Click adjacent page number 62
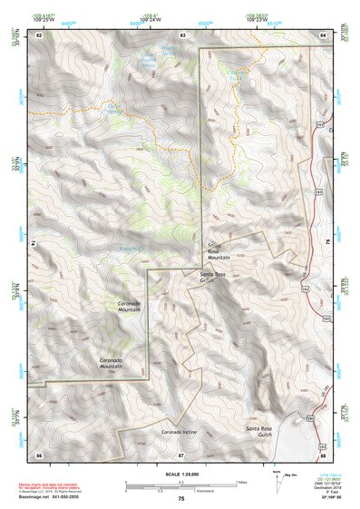coord(39,34)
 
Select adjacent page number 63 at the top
coord(182,34)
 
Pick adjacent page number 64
coord(323,34)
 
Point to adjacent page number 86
coord(39,453)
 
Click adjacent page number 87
coord(181,453)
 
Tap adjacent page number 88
coord(323,453)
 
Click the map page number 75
coord(181,499)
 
